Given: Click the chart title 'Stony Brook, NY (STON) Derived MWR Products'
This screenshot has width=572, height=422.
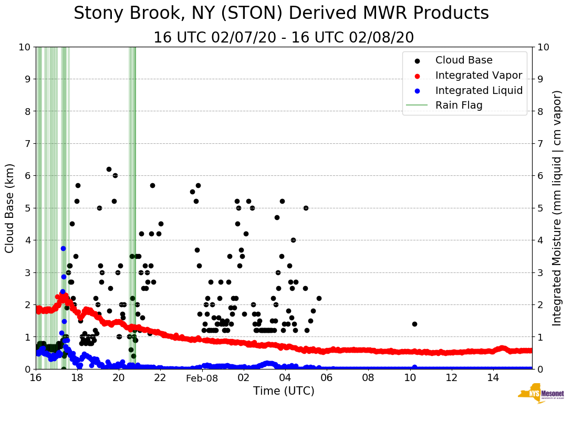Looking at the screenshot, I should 281,14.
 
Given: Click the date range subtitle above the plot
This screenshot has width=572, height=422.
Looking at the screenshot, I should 284,38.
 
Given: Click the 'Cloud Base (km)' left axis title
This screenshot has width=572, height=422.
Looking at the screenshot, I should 9,208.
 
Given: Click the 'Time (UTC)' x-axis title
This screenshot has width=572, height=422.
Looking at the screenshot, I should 284,391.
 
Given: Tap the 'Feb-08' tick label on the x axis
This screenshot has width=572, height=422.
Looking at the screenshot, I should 202,378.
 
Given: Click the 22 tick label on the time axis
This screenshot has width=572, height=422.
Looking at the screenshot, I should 160,378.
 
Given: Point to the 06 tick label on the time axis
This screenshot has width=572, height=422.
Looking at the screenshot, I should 327,378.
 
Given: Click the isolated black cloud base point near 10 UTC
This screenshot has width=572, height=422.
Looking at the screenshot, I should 414,324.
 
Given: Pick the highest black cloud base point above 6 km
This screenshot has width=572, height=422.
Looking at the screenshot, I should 109,169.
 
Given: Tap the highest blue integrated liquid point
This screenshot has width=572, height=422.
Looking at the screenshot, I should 63,248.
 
